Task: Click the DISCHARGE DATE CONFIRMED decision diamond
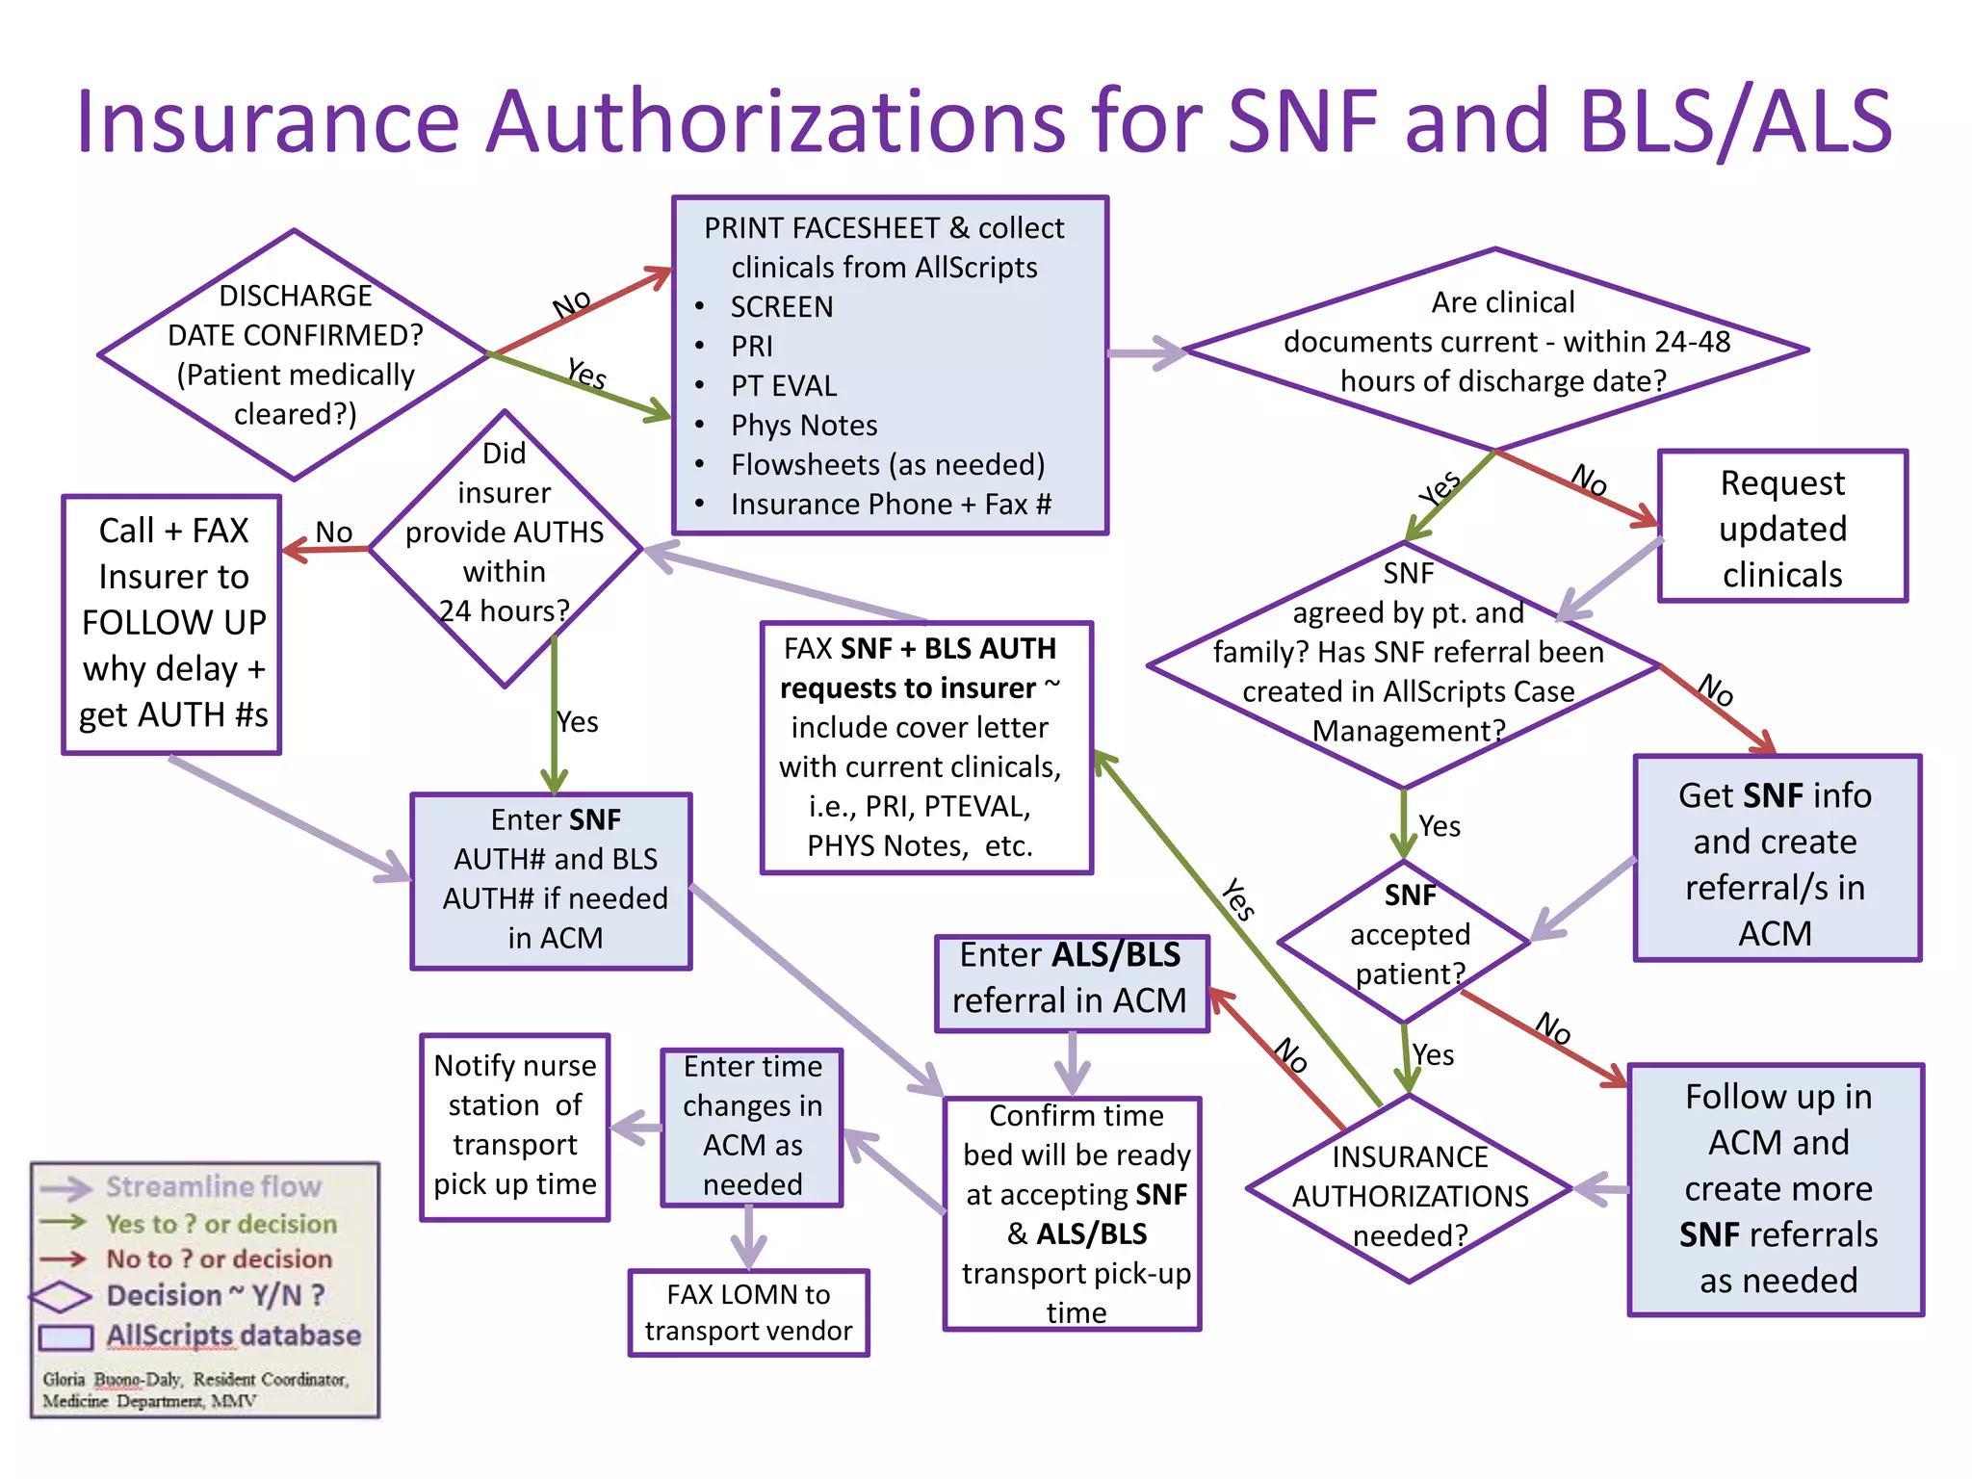point(295,354)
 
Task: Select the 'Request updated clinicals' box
point(1782,527)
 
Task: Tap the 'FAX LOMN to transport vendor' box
point(748,1312)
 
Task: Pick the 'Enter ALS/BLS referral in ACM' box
point(1071,979)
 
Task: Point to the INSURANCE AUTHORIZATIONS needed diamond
point(1410,1194)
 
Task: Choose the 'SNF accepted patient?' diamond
point(1409,935)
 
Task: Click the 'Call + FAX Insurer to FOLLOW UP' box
point(172,624)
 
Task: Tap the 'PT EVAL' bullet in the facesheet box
point(784,386)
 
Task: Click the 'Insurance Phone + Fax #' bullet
point(890,504)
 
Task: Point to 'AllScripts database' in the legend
point(233,1336)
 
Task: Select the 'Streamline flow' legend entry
point(213,1186)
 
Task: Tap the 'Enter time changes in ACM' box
point(752,1127)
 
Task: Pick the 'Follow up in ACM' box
point(1777,1189)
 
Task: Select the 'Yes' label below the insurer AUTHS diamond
point(578,722)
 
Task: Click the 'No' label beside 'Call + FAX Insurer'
point(334,532)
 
